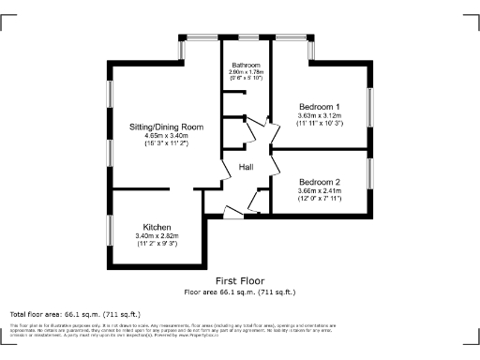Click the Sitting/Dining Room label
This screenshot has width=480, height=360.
coord(166,127)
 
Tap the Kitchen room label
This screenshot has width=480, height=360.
coord(157,226)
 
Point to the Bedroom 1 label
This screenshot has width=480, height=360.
coord(320,106)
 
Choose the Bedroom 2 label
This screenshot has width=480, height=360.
coord(320,182)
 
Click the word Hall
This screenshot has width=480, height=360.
coord(247,167)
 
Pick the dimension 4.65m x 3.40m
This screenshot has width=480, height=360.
coord(166,136)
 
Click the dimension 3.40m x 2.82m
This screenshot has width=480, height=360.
coord(157,235)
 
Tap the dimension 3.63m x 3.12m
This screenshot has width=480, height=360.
coord(320,114)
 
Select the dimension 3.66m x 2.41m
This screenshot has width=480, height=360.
coord(320,190)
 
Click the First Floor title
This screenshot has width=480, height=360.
coord(240,280)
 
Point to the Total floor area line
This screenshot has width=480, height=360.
coord(75,313)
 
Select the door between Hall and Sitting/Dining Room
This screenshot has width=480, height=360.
coord(226,172)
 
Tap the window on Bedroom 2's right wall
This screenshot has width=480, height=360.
coord(370,172)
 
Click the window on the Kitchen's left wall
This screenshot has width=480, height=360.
coord(111,228)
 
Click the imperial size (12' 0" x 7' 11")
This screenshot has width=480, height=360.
coord(320,199)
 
